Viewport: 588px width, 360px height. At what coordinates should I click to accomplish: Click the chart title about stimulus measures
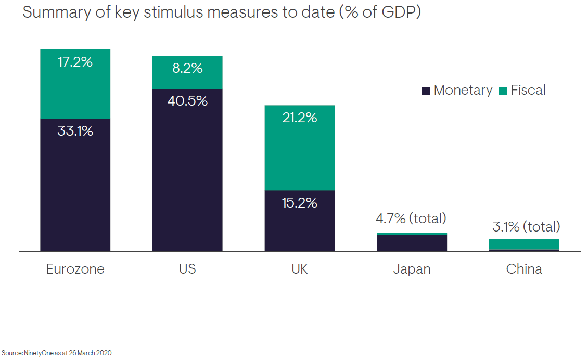(x=221, y=12)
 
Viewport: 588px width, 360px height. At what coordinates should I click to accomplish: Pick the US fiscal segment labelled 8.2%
(x=187, y=73)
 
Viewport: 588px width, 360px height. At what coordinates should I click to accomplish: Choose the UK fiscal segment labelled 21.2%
(x=299, y=148)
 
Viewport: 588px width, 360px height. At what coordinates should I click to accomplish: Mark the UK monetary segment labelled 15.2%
(x=299, y=221)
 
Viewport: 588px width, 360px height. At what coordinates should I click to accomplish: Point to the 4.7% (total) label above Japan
(x=412, y=218)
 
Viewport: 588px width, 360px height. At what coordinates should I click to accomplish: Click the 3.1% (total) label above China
(x=526, y=227)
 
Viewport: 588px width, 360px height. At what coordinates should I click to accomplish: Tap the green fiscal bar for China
(x=524, y=244)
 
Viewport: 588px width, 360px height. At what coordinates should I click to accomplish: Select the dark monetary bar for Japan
(x=412, y=243)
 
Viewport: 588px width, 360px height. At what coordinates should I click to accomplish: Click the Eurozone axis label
(x=75, y=269)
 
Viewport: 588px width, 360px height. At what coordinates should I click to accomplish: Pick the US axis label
(x=187, y=269)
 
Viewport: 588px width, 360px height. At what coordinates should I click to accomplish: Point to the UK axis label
(x=299, y=269)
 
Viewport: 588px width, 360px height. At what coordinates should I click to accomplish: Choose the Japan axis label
(x=412, y=269)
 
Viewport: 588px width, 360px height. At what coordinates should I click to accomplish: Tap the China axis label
(x=524, y=269)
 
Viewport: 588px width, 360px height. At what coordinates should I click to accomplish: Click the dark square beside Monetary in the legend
(x=426, y=91)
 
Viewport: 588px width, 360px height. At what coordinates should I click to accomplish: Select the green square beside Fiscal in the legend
(x=503, y=91)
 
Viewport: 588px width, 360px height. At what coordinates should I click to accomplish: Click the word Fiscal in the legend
(x=528, y=90)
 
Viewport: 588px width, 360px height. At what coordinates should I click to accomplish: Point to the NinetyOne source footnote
(x=56, y=353)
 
